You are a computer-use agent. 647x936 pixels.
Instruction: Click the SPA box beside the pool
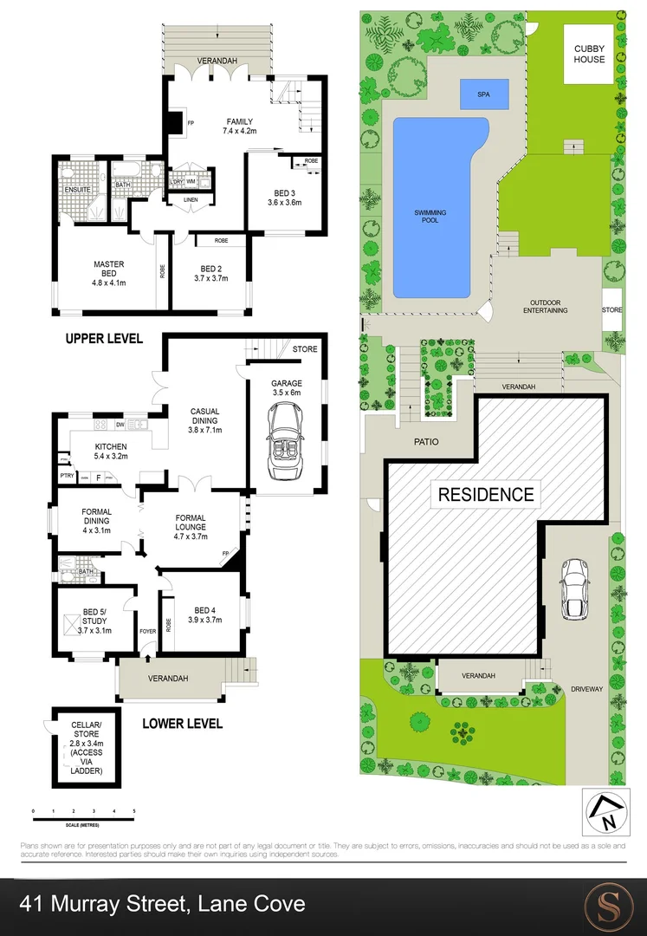pyautogui.click(x=482, y=94)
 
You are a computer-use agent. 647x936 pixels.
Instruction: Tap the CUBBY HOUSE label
pyautogui.click(x=588, y=55)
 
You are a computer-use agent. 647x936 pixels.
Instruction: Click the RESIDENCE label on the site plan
pyautogui.click(x=486, y=495)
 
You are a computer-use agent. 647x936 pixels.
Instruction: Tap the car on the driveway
pyautogui.click(x=575, y=588)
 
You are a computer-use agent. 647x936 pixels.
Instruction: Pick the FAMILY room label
pyautogui.click(x=240, y=121)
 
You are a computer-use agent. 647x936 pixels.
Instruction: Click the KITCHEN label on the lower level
pyautogui.click(x=111, y=447)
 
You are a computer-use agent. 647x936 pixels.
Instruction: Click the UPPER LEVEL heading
pyautogui.click(x=104, y=338)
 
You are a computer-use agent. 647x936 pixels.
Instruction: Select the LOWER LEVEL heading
pyautogui.click(x=182, y=723)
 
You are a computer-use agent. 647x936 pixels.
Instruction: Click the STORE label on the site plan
pyautogui.click(x=611, y=309)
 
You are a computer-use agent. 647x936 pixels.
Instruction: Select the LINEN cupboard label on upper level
pyautogui.click(x=191, y=200)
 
